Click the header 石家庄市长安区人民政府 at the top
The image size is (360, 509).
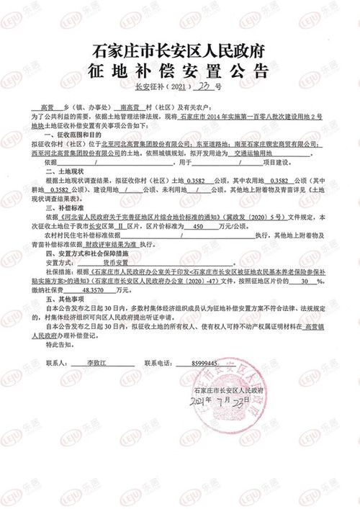coord(179,51)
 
